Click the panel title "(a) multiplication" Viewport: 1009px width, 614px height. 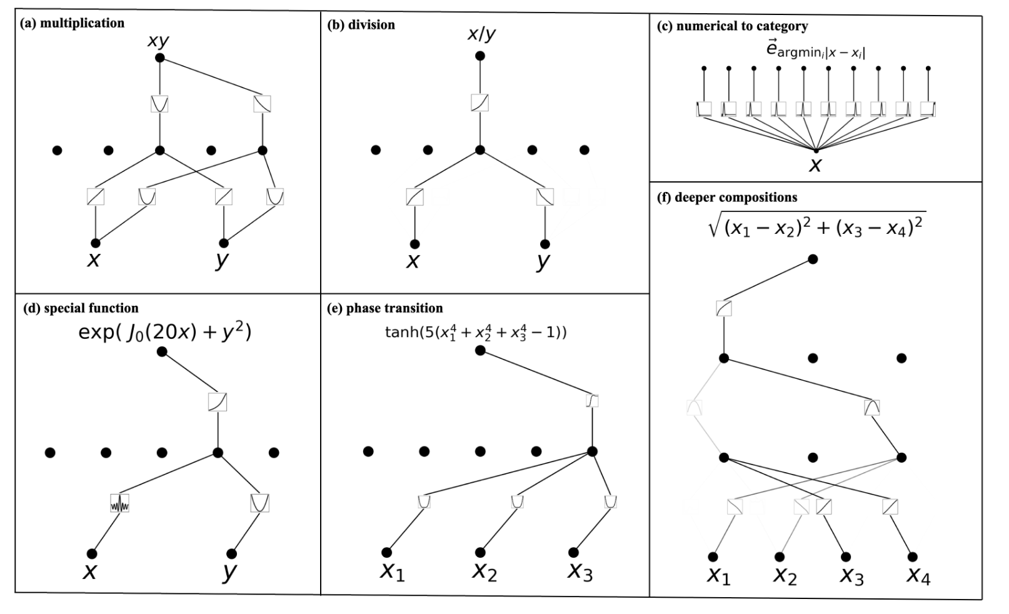[x=73, y=23]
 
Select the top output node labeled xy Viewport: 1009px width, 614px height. [x=159, y=58]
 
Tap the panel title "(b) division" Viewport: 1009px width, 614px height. [x=361, y=25]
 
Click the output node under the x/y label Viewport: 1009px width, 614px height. [x=480, y=56]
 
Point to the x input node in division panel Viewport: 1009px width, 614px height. [x=414, y=244]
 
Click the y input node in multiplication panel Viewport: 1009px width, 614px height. [x=224, y=243]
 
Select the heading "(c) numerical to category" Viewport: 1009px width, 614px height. [x=733, y=26]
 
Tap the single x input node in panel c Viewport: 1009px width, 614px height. [x=816, y=151]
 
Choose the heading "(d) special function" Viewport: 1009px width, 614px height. [x=81, y=308]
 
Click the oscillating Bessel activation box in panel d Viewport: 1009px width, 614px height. [x=119, y=503]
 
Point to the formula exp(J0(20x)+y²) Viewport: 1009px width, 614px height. [x=165, y=331]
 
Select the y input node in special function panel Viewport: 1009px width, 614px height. [x=232, y=553]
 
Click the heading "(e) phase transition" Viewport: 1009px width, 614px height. [x=385, y=308]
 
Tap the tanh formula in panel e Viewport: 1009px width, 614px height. [x=476, y=332]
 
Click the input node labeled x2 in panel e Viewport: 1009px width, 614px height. [x=480, y=552]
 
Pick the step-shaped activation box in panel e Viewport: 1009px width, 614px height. [x=592, y=401]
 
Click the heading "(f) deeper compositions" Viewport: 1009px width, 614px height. [x=727, y=198]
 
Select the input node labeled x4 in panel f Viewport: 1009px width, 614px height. [x=912, y=556]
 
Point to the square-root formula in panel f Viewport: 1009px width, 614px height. [x=816, y=225]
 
